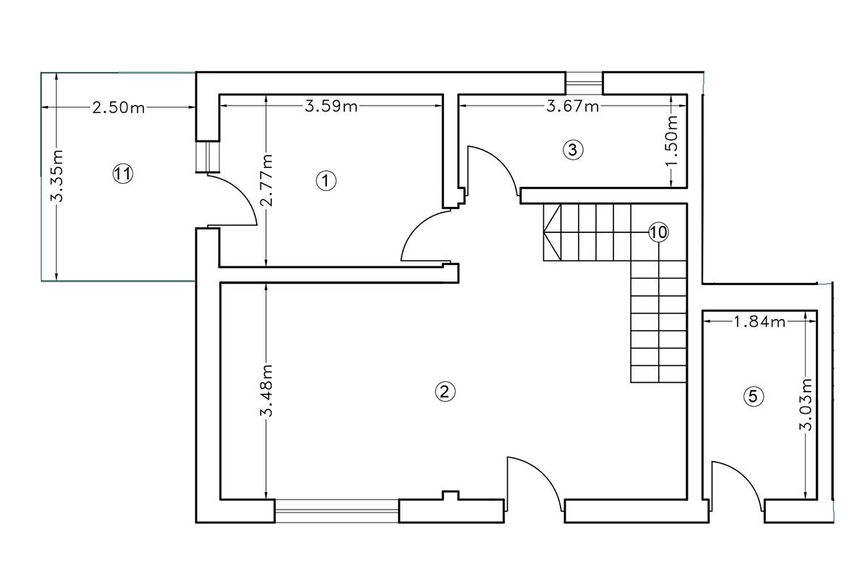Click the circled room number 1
pos(326,181)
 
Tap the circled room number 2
pos(445,392)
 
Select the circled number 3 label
pos(573,150)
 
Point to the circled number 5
pos(753,397)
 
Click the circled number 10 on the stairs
pos(658,232)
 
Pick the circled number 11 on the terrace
pos(123,174)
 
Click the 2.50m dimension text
pos(119,107)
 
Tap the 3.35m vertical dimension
pos(57,176)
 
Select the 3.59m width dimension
pos(331,106)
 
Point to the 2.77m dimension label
pos(267,180)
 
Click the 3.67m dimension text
pos(573,106)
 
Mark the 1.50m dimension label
pos(672,140)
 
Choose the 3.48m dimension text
pos(267,391)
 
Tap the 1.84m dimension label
pos(759,321)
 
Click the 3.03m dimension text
pos(806,405)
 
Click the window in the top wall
pos(584,83)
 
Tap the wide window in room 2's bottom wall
pos(337,511)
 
